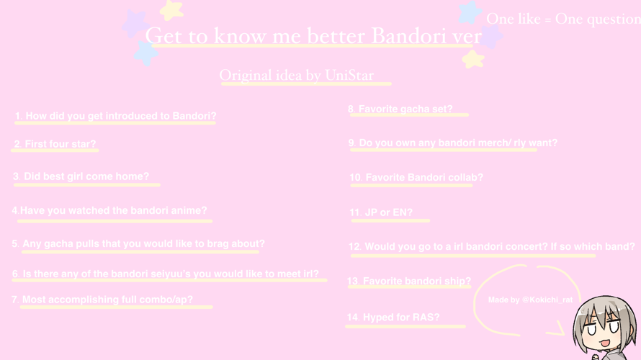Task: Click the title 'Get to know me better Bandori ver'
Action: click(313, 35)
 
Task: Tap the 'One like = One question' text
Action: click(562, 19)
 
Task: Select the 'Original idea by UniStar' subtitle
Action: click(297, 75)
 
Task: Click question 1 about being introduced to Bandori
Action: click(115, 116)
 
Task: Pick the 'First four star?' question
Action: click(55, 144)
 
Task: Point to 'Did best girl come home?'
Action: click(81, 176)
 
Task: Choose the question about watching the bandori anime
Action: click(109, 211)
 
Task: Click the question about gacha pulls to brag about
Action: click(138, 244)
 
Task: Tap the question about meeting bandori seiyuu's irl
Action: click(166, 274)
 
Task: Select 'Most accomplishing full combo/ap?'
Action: click(102, 300)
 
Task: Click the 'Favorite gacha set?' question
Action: click(400, 109)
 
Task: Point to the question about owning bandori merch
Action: click(453, 143)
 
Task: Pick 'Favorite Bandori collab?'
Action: click(416, 178)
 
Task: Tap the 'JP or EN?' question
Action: click(381, 212)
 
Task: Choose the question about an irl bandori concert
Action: click(491, 246)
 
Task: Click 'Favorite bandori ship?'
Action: click(409, 282)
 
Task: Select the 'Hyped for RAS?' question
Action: click(393, 318)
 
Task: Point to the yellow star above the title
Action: click(171, 9)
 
